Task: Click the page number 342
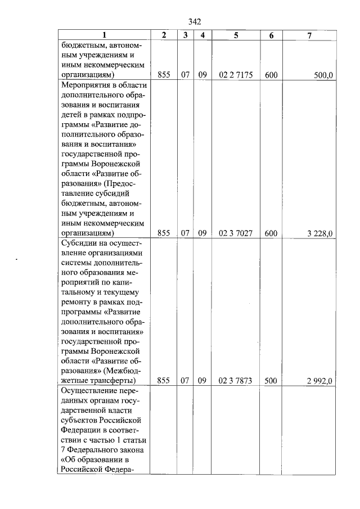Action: point(194,22)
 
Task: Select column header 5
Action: point(236,35)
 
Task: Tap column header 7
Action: point(309,35)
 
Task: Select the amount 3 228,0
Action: point(319,233)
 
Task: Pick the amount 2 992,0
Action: point(319,381)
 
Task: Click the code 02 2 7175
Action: point(236,74)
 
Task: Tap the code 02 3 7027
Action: point(236,233)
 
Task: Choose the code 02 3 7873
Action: point(236,381)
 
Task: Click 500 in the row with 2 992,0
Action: point(271,381)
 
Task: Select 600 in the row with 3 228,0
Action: point(271,233)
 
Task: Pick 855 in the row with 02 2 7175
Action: point(164,74)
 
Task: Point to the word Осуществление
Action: point(86,391)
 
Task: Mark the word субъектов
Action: point(80,421)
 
